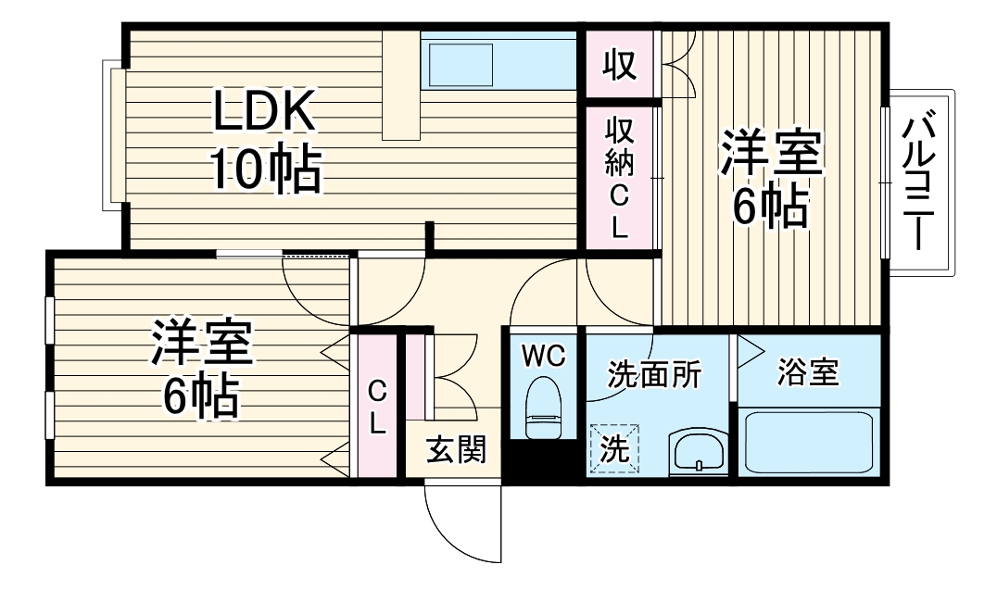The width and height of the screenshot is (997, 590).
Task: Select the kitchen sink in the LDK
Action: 460,64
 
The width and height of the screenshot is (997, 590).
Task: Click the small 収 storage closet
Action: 620,65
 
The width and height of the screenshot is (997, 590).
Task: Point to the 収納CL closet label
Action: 619,176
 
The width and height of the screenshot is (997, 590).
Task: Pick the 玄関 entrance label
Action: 456,450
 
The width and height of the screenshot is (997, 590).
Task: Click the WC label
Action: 543,356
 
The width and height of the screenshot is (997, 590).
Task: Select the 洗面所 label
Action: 654,374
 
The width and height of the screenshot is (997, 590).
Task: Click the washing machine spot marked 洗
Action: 615,449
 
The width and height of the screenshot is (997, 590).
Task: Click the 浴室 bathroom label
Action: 808,372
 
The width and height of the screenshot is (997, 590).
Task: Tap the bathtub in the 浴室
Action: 809,443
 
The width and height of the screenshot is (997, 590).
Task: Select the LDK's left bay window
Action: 113,135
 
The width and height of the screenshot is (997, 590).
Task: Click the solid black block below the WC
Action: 542,461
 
